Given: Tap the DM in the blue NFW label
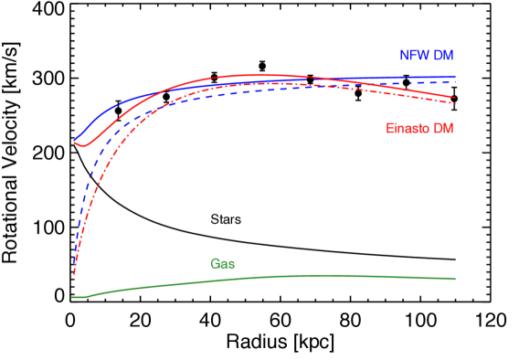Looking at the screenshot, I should [443, 56].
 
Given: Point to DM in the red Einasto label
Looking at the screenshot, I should [443, 128].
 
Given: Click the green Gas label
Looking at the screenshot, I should [223, 264].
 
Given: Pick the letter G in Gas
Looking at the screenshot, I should [216, 264].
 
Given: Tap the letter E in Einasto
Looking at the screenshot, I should [390, 128].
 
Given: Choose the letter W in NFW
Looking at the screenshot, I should [423, 56].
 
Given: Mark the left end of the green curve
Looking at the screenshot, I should [72, 297].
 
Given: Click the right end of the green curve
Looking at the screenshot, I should [455, 279].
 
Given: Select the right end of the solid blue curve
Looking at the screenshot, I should [455, 77].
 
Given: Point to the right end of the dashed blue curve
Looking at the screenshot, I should [455, 82].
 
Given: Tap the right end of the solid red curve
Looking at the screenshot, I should [455, 97].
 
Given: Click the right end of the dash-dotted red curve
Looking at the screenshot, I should [455, 103].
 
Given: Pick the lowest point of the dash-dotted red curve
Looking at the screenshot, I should [73, 274].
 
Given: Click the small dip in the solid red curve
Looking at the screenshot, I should [82, 145].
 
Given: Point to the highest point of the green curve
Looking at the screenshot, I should [320, 275].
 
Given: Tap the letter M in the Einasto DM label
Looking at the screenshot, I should [448, 128].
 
